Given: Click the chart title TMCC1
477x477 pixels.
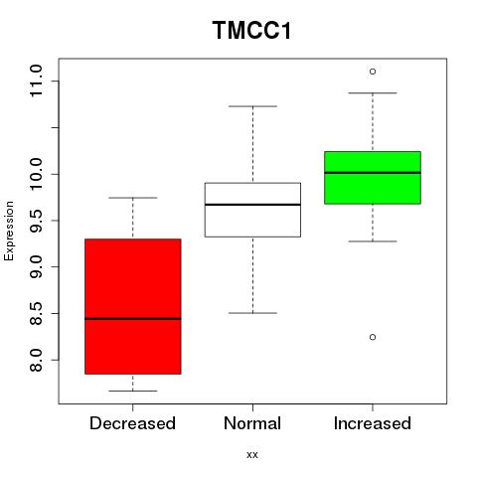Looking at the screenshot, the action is (251, 31).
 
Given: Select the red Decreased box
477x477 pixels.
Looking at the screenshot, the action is (133, 306).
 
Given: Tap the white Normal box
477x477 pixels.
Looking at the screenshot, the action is (252, 210).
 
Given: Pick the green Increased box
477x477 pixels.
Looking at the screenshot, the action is (373, 178).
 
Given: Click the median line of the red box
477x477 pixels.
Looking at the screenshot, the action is (133, 319).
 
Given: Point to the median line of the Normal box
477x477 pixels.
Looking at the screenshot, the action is (252, 205).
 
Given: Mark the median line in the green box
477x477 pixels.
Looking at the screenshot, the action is (373, 173).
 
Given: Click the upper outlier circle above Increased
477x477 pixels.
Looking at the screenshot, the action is (373, 72).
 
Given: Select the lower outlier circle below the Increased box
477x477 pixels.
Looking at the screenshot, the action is (373, 337).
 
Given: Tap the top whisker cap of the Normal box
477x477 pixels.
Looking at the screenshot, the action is (252, 106).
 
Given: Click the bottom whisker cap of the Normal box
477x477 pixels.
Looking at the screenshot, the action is (252, 313).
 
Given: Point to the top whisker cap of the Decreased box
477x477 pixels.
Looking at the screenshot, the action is (133, 198).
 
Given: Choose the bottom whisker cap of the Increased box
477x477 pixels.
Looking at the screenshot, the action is (373, 241).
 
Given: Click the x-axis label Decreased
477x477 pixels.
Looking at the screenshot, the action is (132, 423).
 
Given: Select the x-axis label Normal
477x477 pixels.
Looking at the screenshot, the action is (252, 423).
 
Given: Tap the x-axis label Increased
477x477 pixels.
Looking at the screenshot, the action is (373, 423).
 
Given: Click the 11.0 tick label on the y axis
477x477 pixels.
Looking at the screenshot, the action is (36, 80).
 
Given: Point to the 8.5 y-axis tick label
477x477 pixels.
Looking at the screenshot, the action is (36, 313).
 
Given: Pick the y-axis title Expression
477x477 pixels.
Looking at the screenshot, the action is (9, 232).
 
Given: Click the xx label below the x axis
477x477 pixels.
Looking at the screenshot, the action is (252, 455).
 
